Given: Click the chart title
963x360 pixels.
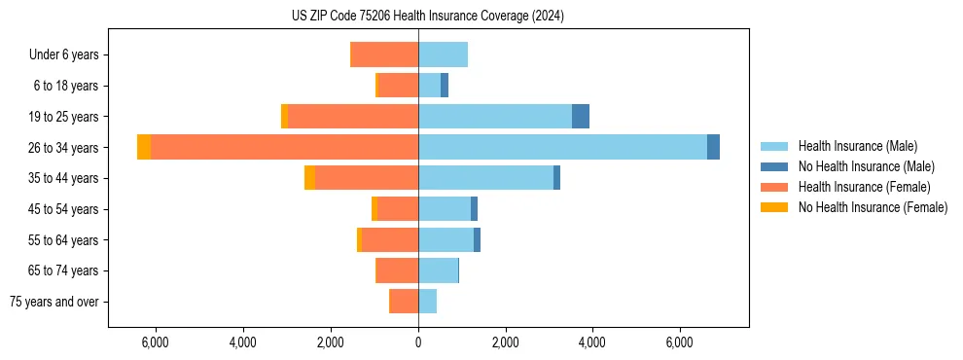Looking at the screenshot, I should coord(427,16).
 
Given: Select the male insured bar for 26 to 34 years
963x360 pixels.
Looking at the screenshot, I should coord(562,147).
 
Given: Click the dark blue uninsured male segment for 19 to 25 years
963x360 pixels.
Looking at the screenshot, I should coord(581,117).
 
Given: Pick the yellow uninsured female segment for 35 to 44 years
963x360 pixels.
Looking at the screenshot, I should coord(309,178).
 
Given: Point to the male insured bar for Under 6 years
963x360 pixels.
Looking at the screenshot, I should coord(443,54).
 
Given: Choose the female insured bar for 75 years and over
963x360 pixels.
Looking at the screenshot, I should coord(404,302).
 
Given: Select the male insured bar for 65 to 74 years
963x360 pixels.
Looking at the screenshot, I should coord(438,270).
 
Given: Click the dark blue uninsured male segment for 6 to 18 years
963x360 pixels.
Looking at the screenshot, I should coord(445,86).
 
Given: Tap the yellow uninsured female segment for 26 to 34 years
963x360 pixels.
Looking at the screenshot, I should coord(144,147).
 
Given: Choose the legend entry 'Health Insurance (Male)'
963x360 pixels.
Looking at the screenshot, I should coord(857,146).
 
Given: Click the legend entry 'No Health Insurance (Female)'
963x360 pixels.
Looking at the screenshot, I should coord(873,207).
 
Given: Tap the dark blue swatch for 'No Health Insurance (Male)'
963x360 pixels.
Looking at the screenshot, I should coord(774,166).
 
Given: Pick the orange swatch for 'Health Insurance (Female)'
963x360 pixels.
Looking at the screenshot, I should coord(774,187).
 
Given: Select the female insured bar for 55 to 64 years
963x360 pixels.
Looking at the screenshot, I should coord(390,240).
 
